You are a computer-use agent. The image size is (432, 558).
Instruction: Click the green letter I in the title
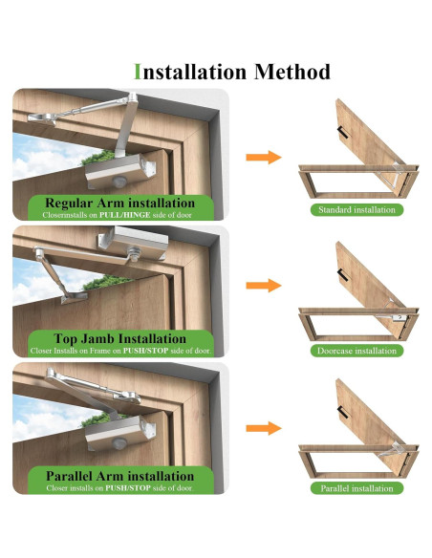point(138,72)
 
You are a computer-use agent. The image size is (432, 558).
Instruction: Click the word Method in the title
point(292,72)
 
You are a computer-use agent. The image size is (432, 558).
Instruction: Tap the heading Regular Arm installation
point(119,203)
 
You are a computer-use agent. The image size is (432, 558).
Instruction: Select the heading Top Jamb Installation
point(119,338)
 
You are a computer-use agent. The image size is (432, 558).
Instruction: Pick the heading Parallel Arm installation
point(119,476)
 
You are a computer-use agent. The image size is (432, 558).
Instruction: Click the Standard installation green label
point(356,210)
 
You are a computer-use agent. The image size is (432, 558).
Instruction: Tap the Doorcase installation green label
point(356,351)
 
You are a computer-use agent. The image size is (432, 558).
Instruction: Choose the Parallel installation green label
point(356,488)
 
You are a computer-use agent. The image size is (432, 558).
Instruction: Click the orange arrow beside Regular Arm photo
point(264,157)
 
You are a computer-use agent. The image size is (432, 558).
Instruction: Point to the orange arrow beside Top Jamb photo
point(264,286)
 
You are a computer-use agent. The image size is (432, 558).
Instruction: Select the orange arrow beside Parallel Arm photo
point(264,428)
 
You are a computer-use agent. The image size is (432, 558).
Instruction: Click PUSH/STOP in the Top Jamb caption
point(145,351)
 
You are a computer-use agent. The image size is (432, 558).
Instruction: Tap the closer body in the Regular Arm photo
point(120,171)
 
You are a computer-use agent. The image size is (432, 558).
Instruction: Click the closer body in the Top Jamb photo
point(134,243)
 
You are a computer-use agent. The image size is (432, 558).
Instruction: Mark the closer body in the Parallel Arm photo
point(120,432)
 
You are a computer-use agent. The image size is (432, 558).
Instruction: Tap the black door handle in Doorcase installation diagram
point(343,275)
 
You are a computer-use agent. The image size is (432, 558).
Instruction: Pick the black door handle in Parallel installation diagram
point(343,412)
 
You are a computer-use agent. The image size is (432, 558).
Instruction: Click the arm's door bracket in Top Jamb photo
point(75,297)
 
